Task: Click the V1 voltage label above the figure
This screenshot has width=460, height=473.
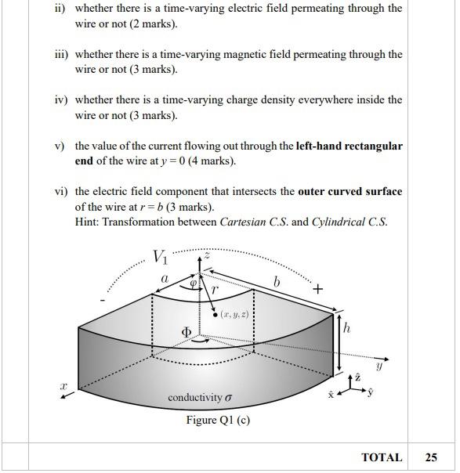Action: click(x=160, y=256)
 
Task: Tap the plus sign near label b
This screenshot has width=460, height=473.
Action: click(x=317, y=289)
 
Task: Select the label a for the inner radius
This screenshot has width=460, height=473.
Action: click(x=165, y=278)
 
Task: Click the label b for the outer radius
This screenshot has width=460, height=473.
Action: click(x=276, y=280)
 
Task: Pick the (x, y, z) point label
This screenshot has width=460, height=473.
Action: click(x=235, y=315)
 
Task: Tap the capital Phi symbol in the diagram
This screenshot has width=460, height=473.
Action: click(x=187, y=333)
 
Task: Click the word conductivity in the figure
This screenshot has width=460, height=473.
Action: click(x=195, y=398)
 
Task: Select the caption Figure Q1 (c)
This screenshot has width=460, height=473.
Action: click(x=218, y=420)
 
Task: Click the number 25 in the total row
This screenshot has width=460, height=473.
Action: click(x=431, y=457)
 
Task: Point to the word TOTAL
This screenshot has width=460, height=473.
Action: click(x=382, y=457)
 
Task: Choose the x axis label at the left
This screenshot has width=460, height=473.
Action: click(x=65, y=386)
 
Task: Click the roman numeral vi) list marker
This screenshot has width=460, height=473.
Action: click(x=61, y=192)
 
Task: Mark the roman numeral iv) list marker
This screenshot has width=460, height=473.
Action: click(x=61, y=100)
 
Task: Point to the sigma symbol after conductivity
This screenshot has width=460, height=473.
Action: click(x=229, y=398)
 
